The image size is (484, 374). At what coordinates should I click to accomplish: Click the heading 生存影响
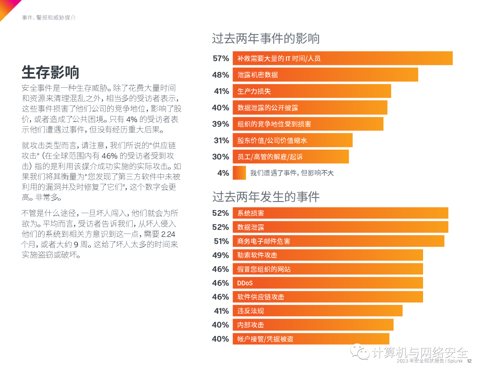pos(51,72)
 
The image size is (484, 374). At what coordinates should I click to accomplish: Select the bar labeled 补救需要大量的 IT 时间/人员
pos(342,58)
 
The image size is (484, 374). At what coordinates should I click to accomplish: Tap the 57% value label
pos(220,58)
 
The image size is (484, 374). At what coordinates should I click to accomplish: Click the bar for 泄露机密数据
pos(325,75)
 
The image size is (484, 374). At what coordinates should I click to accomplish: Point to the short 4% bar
pos(239,173)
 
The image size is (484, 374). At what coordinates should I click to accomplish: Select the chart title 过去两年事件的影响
pos(266,39)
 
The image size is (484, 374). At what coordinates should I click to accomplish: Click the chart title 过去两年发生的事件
pos(266,197)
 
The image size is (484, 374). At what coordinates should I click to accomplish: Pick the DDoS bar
pos(328,283)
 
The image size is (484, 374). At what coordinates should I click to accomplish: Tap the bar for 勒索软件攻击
pos(328,255)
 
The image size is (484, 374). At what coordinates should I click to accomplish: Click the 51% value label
pos(220,241)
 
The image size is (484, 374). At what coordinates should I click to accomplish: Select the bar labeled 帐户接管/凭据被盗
pos(311,339)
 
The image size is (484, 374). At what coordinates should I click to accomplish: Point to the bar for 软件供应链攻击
pos(328,297)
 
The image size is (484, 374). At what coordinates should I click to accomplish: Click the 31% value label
pos(220,140)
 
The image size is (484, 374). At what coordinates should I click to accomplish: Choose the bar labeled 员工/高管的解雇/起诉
pos(290,157)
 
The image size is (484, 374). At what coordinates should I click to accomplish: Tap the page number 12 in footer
pos(469,361)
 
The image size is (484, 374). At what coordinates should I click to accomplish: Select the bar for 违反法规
pos(317,311)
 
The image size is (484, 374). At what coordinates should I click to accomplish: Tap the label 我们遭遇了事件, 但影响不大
pos(291,173)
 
